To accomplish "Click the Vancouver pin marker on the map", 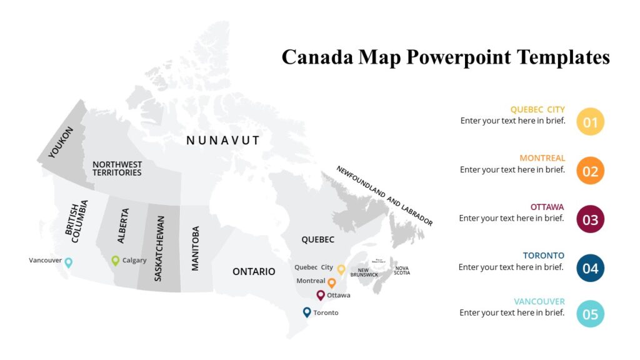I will click(x=69, y=262).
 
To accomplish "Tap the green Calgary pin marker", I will click(x=116, y=261).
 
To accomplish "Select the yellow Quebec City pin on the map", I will click(x=341, y=269).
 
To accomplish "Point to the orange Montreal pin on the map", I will click(x=332, y=282).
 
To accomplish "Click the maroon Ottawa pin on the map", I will click(x=321, y=295).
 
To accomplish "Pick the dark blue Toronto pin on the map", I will click(x=307, y=312).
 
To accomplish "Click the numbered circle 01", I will click(x=591, y=122).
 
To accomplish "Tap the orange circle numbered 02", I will click(x=591, y=171).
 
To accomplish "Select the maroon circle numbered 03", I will click(x=591, y=219).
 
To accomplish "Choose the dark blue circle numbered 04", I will click(x=591, y=268).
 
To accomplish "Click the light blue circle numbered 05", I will click(x=591, y=314).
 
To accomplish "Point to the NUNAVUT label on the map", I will click(x=223, y=141).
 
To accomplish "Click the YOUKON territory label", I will click(x=61, y=142).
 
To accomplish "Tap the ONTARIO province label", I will click(x=254, y=271).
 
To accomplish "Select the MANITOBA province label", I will click(x=196, y=248).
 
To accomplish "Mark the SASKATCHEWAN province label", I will click(x=159, y=249).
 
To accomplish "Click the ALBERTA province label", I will click(x=123, y=226).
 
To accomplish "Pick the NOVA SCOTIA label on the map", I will click(x=402, y=271).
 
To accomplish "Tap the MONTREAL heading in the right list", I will click(x=542, y=158).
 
